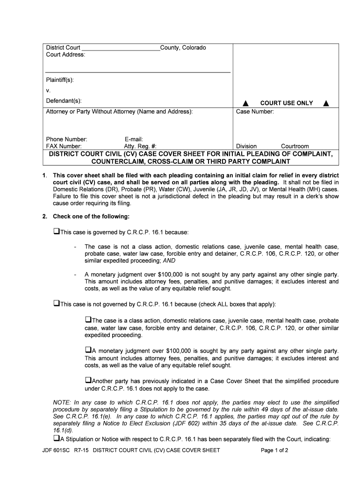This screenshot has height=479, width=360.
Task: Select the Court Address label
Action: click(65, 55)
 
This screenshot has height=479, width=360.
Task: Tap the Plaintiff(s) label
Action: click(60, 80)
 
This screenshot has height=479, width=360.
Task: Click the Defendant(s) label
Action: click(64, 101)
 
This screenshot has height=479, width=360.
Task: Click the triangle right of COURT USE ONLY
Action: click(326, 103)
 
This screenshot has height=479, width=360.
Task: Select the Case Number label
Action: click(255, 112)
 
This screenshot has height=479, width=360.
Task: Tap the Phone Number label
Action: click(66, 139)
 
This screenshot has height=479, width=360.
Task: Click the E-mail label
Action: click(134, 139)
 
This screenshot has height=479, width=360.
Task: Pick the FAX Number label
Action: click(64, 146)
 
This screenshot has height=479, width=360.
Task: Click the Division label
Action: click(246, 146)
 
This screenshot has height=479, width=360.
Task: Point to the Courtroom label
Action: click(295, 146)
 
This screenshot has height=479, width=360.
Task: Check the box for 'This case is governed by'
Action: click(56, 231)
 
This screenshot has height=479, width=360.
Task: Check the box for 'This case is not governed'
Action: click(56, 304)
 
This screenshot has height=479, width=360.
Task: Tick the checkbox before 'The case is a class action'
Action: click(88, 320)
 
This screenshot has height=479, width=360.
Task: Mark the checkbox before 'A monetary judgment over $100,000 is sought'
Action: click(88, 350)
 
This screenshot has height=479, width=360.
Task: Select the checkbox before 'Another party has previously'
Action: click(88, 380)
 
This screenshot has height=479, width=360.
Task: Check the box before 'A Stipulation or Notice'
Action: click(56, 438)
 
